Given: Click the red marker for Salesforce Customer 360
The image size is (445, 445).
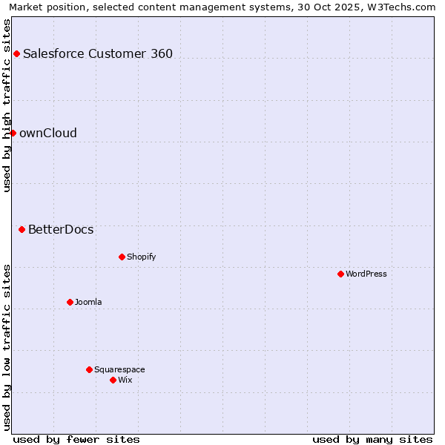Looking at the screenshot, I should (x=16, y=53).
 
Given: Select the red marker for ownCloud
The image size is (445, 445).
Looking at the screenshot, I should (x=13, y=133).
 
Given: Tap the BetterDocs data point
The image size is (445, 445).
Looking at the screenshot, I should (x=22, y=230).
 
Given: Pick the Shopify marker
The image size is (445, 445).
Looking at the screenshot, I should (x=122, y=257).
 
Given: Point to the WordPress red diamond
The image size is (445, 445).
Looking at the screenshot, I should (x=340, y=274).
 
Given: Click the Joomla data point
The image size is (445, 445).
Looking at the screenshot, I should (x=70, y=302).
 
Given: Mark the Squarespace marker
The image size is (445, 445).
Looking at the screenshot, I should (x=89, y=369).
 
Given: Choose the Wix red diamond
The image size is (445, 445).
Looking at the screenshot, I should (x=113, y=380).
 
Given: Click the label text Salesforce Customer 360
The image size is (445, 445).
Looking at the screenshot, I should (x=98, y=53).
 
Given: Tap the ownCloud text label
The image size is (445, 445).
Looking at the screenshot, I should (x=48, y=133).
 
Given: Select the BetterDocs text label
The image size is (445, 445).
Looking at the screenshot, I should (x=61, y=230).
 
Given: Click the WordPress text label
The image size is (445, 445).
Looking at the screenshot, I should (x=366, y=274).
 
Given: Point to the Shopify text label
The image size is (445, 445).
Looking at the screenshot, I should (x=141, y=257).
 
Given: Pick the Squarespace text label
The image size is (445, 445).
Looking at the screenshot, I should (x=119, y=369).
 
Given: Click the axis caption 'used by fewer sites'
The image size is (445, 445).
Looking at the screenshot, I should (x=76, y=439).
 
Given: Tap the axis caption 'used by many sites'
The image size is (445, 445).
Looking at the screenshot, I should (x=372, y=439).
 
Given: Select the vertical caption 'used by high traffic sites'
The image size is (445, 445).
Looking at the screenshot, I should (x=7, y=105).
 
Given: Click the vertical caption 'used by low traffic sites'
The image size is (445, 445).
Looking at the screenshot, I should (x=7, y=346).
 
